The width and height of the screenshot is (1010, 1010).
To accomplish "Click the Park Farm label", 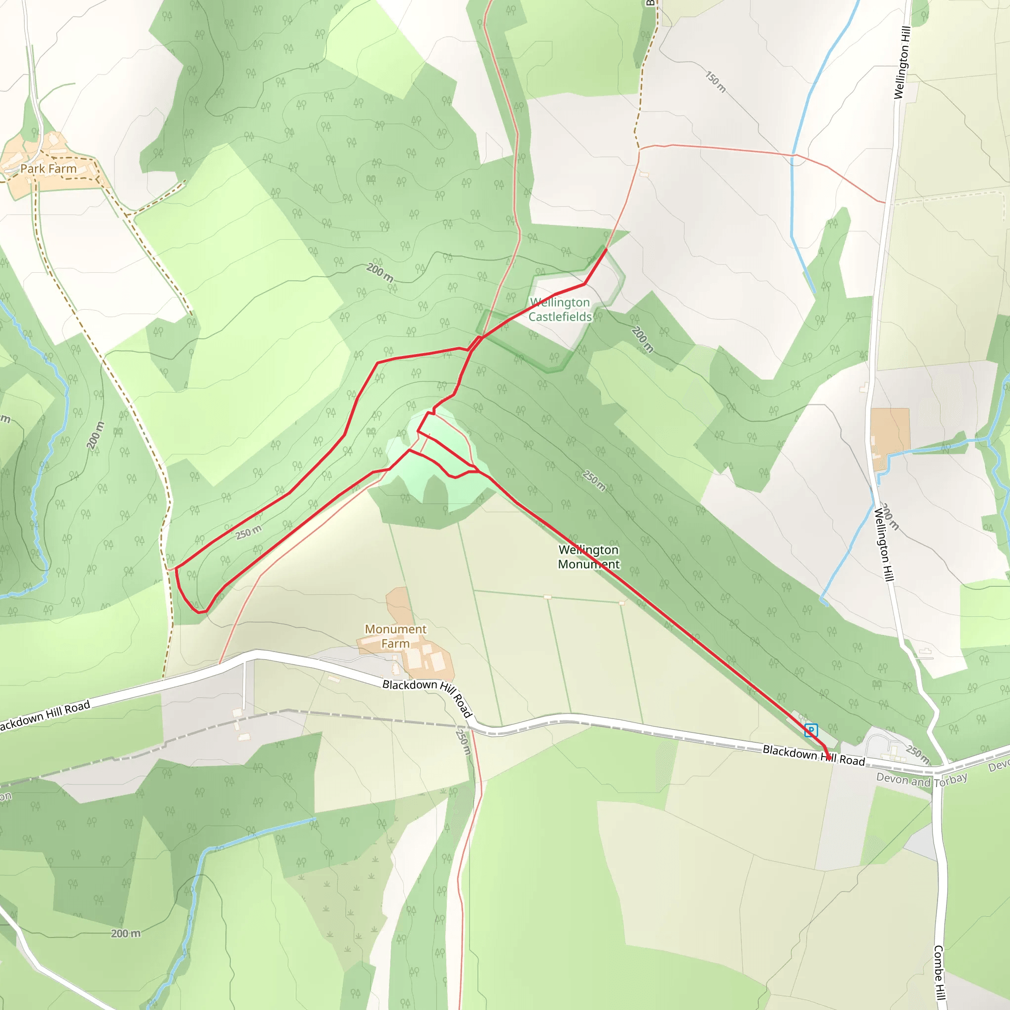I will pyautogui.click(x=48, y=169).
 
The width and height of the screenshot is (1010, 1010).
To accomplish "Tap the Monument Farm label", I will pyautogui.click(x=395, y=636).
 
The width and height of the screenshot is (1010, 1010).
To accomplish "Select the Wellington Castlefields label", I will pyautogui.click(x=560, y=310).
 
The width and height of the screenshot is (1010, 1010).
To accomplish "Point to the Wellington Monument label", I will pyautogui.click(x=589, y=557).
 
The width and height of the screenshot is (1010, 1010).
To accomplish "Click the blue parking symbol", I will pyautogui.click(x=811, y=730).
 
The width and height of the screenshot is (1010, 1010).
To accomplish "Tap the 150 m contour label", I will pyautogui.click(x=716, y=82).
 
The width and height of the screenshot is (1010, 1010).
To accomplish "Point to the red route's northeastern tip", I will pyautogui.click(x=607, y=250).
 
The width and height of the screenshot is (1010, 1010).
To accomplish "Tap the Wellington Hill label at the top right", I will pyautogui.click(x=902, y=63).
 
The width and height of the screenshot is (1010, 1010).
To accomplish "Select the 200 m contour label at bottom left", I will pyautogui.click(x=125, y=933).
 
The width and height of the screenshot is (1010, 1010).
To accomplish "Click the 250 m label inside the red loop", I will pyautogui.click(x=249, y=533).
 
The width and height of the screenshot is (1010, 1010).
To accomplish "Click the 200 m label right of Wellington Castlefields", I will pyautogui.click(x=643, y=339).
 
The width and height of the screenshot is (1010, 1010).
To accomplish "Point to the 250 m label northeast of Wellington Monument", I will pyautogui.click(x=594, y=480).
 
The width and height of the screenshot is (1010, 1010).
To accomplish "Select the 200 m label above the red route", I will pyautogui.click(x=380, y=272).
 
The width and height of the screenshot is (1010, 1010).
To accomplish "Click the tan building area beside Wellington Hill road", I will pyautogui.click(x=890, y=432).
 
